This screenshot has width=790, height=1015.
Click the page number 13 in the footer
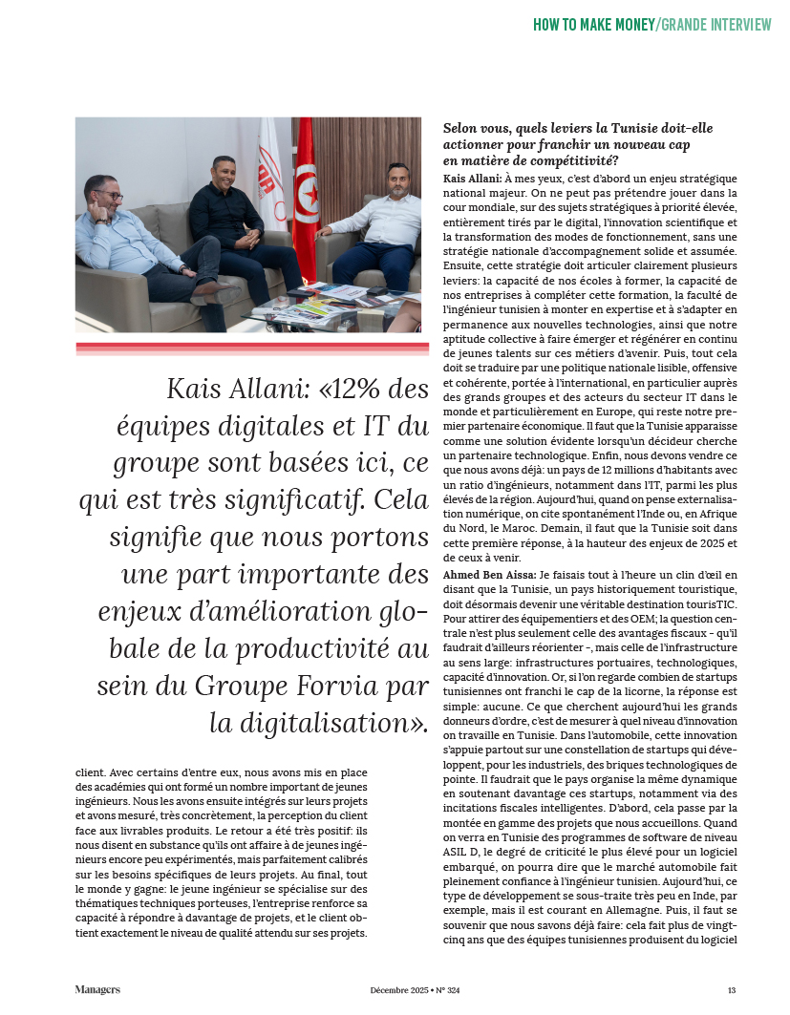731,990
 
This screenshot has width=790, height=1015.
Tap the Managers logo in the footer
97,990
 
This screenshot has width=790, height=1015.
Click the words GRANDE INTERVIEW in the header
715,24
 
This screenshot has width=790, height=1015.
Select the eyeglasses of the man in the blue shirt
109,197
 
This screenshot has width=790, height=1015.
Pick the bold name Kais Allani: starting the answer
473,179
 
